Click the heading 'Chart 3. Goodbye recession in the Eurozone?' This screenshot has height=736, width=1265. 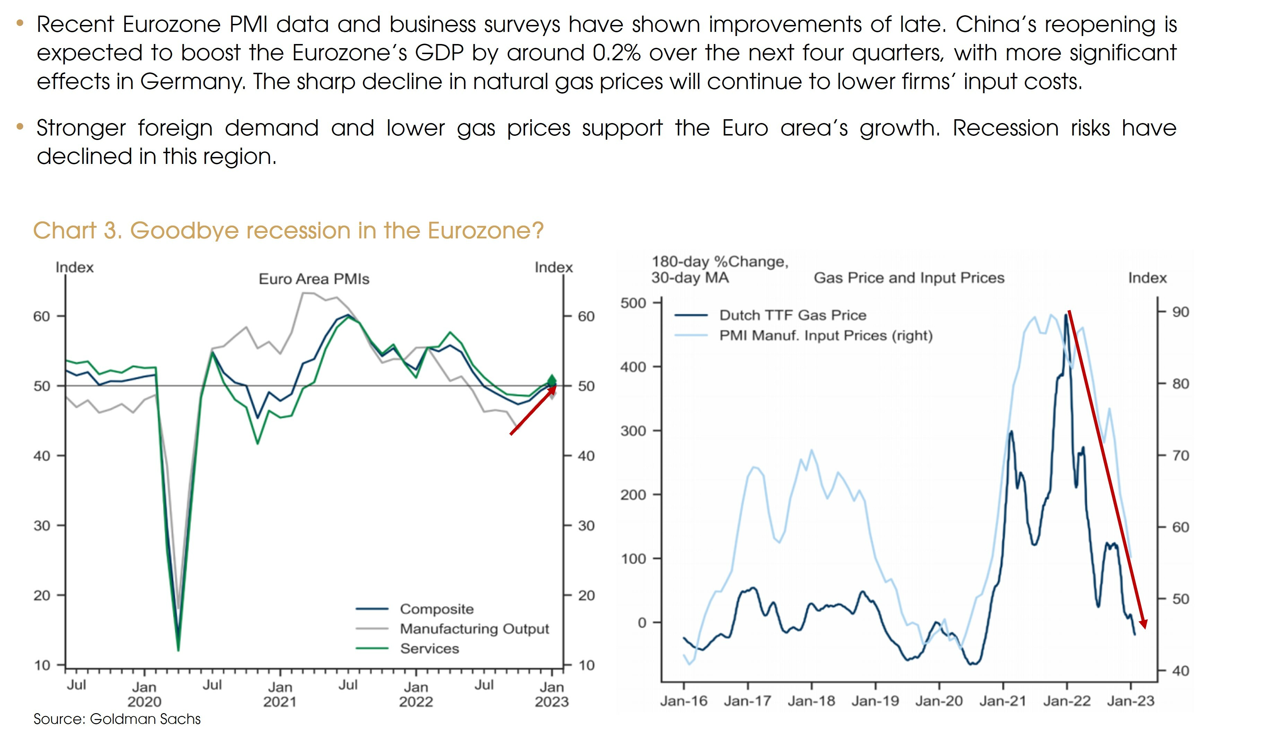tap(288, 231)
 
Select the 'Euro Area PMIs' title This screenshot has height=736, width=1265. tap(314, 279)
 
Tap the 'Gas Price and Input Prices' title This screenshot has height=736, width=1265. tap(909, 278)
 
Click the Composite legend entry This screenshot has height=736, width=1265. tap(436, 609)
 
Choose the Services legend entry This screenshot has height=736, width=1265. tap(429, 649)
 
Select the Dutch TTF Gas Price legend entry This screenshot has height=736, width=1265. tap(792, 315)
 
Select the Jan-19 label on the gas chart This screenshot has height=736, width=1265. tap(875, 701)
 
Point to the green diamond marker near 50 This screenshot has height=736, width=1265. tap(552, 379)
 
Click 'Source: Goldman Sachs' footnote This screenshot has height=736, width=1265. tap(117, 719)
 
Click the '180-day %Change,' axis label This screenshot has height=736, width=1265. tap(719, 262)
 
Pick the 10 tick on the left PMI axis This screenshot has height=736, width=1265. tap(42, 666)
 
